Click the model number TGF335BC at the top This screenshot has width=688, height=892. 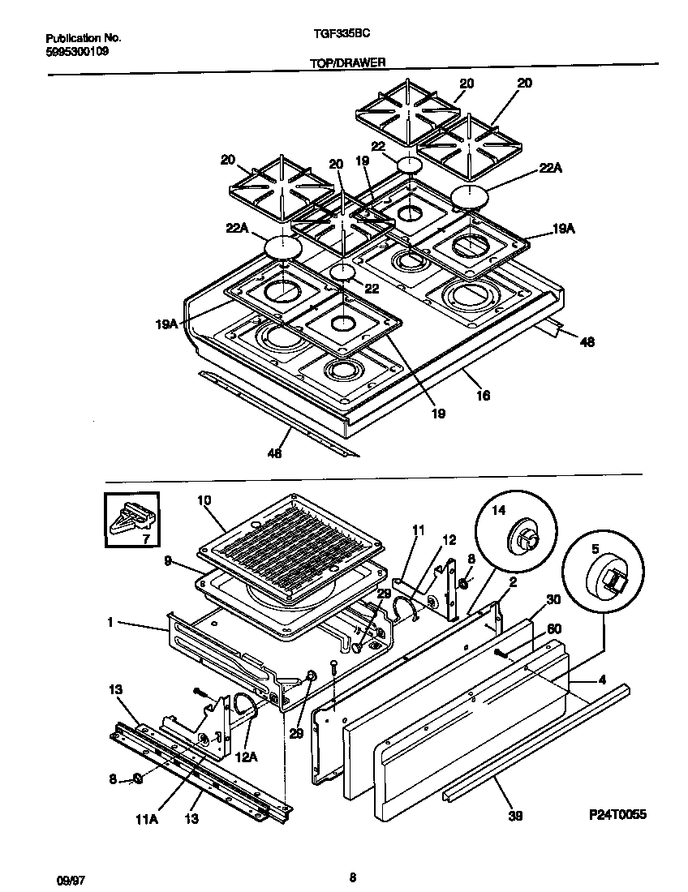[334, 36]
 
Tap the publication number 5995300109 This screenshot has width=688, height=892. [77, 50]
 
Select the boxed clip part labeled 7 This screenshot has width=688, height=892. [131, 518]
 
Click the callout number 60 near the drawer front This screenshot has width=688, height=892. [555, 628]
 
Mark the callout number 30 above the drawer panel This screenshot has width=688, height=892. [553, 599]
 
